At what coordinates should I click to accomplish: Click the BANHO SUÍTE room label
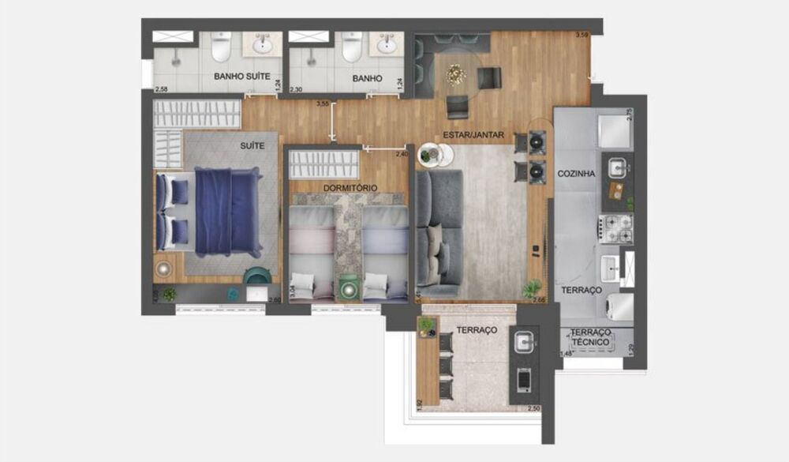242,77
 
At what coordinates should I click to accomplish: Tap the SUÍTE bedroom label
252,146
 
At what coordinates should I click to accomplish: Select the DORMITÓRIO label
350,187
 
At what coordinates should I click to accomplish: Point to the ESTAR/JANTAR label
473,135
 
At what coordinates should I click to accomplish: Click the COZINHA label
576,174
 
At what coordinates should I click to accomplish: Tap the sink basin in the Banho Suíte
263,46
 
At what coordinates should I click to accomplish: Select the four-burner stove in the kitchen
617,228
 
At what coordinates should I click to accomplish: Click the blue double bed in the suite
227,212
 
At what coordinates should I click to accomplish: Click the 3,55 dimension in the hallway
322,103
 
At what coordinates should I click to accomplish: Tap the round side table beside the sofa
432,155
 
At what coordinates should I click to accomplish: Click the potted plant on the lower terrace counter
426,324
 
